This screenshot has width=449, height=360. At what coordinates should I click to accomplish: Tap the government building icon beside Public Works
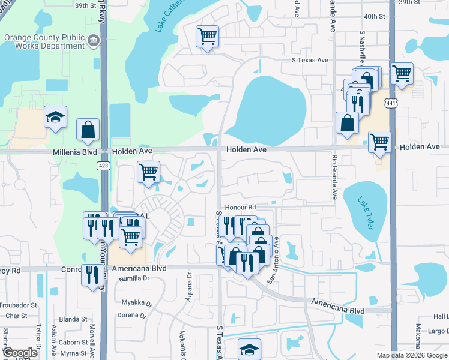coord(93,41)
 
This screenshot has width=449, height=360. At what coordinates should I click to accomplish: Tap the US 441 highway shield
coord(391,104)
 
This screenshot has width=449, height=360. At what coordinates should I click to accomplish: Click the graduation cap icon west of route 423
coord(55,116)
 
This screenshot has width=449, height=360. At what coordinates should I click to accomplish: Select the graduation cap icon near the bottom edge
coord(249,348)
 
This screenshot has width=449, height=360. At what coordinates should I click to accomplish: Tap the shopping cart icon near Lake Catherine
coord(207,36)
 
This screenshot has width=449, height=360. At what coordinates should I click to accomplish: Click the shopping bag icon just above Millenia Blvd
coord(88,128)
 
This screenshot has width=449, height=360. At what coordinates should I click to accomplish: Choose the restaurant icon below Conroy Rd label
coord(91,274)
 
